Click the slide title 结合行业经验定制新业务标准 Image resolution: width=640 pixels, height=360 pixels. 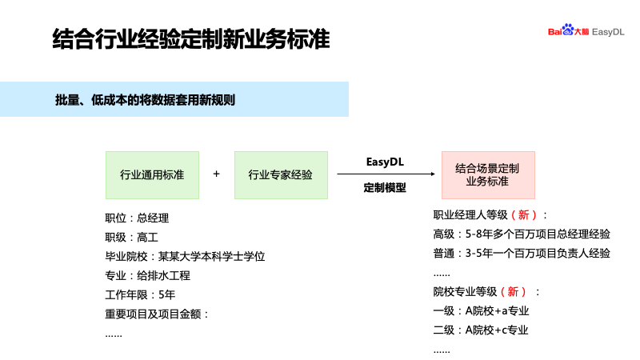click(x=190, y=39)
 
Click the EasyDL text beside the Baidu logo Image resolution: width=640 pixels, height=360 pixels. click(x=607, y=32)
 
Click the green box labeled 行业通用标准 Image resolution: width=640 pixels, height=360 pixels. click(x=152, y=174)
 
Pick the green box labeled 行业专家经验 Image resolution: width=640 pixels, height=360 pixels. click(x=280, y=174)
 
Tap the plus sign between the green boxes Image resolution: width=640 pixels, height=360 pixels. click(x=216, y=174)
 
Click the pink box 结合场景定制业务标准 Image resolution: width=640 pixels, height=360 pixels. click(x=487, y=174)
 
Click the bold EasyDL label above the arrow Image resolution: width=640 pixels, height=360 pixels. click(x=385, y=161)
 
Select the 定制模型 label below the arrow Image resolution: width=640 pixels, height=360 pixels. click(x=385, y=188)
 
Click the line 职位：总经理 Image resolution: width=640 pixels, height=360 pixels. click(x=137, y=218)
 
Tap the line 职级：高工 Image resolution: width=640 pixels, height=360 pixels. click(x=132, y=237)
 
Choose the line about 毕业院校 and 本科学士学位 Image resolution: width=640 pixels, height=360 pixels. click(x=184, y=256)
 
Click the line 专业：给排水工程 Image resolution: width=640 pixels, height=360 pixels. click(x=147, y=275)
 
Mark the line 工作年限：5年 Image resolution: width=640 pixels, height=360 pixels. click(x=140, y=294)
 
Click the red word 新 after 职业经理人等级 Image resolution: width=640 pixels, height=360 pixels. click(x=523, y=215)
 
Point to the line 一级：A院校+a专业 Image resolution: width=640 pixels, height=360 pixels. click(x=481, y=310)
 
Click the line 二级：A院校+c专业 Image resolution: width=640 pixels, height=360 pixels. click(x=481, y=330)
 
